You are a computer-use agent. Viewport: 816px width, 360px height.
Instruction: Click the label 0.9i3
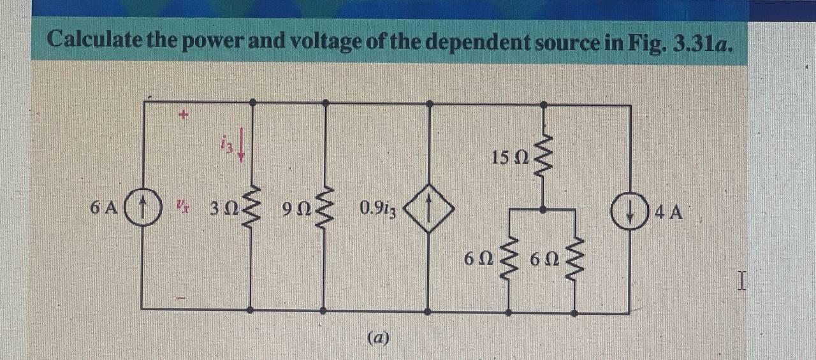pos(378,209)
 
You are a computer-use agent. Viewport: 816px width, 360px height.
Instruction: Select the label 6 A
pos(104,208)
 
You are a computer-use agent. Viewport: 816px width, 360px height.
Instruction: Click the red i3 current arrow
pos(242,148)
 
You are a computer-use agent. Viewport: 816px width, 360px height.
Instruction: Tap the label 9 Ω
pos(295,209)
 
